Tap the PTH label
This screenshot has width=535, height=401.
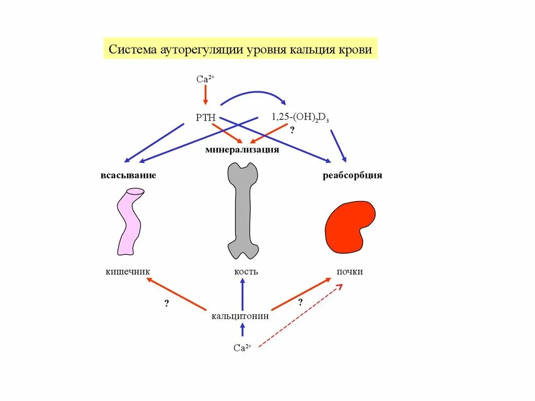205,117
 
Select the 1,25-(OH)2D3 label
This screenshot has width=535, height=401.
300,117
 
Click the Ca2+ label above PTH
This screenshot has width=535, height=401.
205,79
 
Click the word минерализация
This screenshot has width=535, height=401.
242,150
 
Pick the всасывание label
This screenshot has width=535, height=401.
129,175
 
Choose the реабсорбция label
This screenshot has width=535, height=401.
352,175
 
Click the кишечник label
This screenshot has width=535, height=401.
127,272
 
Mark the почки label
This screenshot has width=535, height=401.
350,272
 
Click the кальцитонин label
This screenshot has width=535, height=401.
240,316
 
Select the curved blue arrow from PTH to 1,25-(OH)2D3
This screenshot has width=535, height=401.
253,94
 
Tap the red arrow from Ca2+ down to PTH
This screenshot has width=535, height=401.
205,95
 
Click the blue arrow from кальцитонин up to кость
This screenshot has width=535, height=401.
242,294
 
